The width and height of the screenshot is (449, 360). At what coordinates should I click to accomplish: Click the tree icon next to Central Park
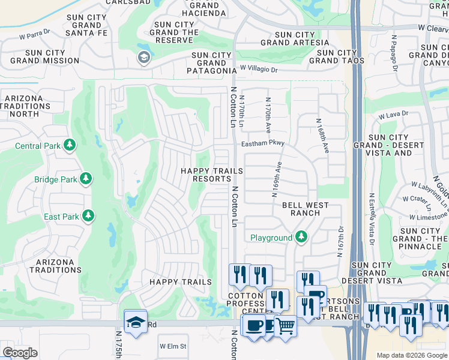click(x=70, y=145)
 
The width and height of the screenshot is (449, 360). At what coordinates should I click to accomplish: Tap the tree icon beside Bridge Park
click(x=86, y=179)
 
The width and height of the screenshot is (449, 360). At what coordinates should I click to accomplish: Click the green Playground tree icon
click(x=301, y=238)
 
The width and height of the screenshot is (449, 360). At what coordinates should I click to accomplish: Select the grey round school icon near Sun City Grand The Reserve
click(x=143, y=57)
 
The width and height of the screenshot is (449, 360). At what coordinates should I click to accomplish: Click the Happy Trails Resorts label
click(x=212, y=175)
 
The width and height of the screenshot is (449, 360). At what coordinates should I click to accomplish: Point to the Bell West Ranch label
click(x=306, y=209)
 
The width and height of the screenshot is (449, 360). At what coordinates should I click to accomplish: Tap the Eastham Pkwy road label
click(x=262, y=144)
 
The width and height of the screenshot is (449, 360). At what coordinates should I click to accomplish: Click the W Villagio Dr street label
click(x=259, y=70)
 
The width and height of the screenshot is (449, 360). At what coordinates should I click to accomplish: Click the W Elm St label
click(x=173, y=346)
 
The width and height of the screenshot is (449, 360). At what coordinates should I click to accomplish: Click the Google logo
click(x=20, y=353)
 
